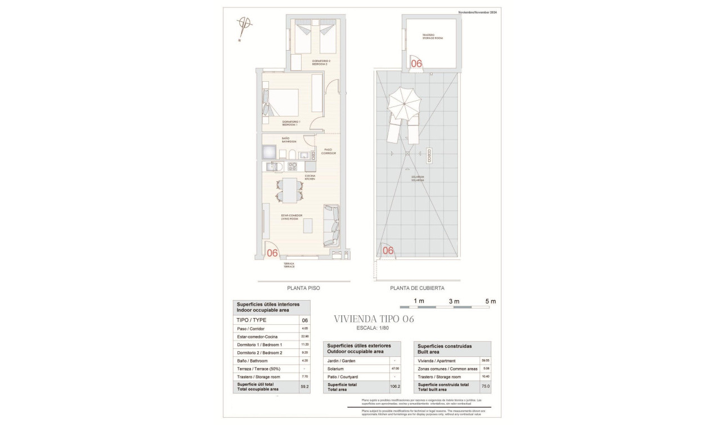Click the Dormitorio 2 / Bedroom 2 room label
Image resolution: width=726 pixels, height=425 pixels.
[x=321, y=62]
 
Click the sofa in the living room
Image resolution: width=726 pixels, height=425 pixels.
[x=331, y=225]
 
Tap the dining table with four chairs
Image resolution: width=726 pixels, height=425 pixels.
[x=289, y=190]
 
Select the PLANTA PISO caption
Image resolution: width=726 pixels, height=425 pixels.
[x=303, y=288]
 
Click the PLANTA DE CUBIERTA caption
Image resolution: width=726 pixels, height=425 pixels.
[x=417, y=288]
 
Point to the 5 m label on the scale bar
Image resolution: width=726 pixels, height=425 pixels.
[x=490, y=301]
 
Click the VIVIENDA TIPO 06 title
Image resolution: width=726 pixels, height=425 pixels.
[x=374, y=319]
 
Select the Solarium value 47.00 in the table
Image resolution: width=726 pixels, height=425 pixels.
[x=395, y=369]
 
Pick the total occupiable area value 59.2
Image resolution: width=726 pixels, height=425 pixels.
[x=304, y=387]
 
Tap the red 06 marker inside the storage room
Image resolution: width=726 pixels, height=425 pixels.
[x=416, y=64]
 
